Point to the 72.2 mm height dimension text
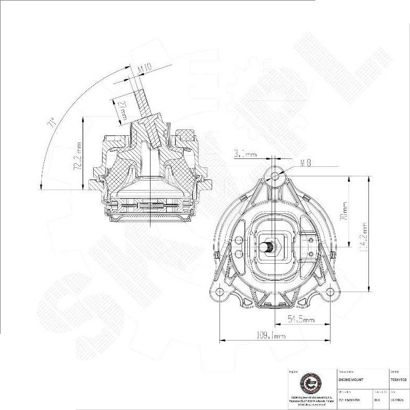point(78,155)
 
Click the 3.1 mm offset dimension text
point(245,154)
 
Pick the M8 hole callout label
point(305,163)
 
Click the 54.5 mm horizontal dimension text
point(301,319)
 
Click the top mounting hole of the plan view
point(275,176)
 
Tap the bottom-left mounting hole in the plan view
point(219,291)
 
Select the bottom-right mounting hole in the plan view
point(330,291)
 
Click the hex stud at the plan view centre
point(269,246)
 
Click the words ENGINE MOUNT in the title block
point(348,379)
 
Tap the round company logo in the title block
point(309,384)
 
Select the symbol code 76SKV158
point(398,379)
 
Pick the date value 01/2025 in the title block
point(398,399)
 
